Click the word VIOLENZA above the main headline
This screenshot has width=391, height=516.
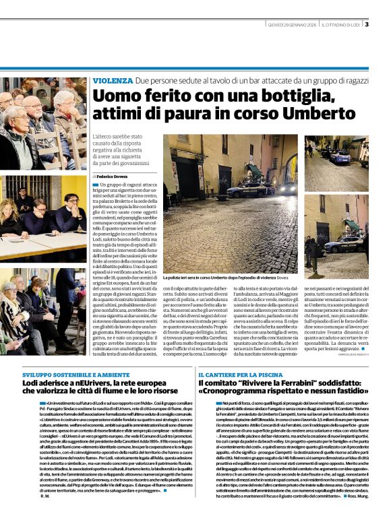[113, 80]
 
